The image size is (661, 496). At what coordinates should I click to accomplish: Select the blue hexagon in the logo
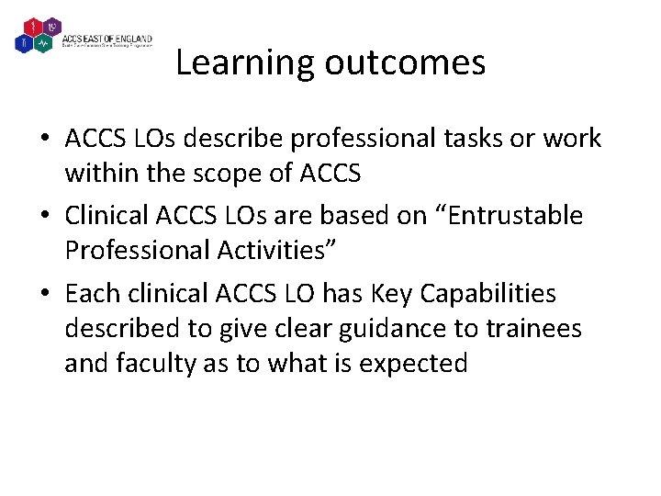pos(25,43)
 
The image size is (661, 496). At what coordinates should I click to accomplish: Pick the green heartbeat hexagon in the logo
pos(42,43)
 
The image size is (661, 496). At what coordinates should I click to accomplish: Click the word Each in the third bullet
pos(88,293)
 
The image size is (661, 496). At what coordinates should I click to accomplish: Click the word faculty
pos(151,363)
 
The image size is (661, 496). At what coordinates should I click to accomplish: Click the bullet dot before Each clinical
pos(44,294)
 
